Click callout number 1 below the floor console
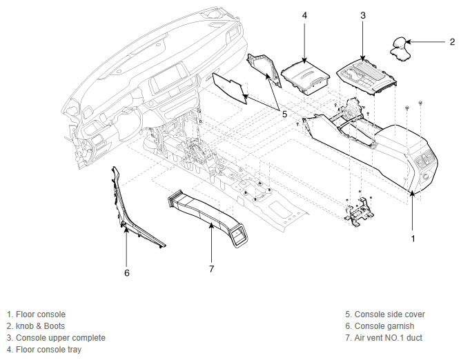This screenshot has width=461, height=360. [x=413, y=239]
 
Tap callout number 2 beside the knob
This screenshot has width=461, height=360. [x=452, y=42]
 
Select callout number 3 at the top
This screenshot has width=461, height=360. [x=363, y=15]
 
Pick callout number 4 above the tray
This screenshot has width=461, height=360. [x=304, y=15]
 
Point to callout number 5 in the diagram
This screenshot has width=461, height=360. [x=284, y=114]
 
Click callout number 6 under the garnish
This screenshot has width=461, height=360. [x=127, y=273]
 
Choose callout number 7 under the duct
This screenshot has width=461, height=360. [x=212, y=268]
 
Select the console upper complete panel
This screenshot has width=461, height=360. [x=366, y=76]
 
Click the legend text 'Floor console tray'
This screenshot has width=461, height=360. [x=48, y=350]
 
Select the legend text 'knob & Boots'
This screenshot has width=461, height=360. [x=40, y=326]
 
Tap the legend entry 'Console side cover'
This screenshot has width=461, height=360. [x=389, y=314]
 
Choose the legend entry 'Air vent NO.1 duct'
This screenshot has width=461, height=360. [x=388, y=338]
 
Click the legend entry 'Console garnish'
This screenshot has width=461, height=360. [x=384, y=326]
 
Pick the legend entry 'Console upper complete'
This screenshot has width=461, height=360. [x=60, y=338]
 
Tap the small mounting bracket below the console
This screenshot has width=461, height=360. [x=360, y=211]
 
